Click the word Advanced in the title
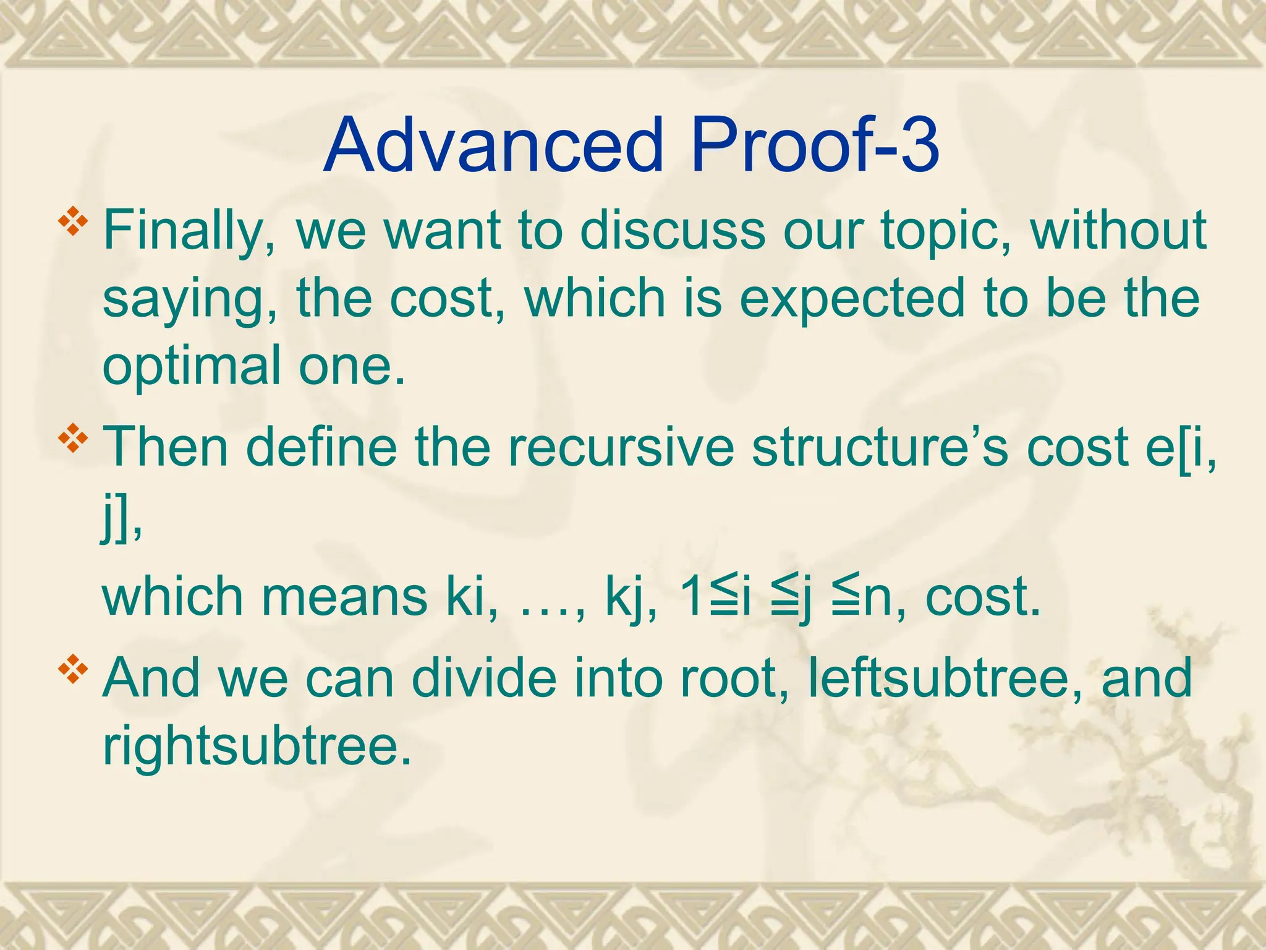click(492, 145)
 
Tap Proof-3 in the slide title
click(815, 145)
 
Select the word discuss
click(672, 230)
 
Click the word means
click(344, 597)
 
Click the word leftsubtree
click(945, 678)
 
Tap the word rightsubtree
click(257, 745)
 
